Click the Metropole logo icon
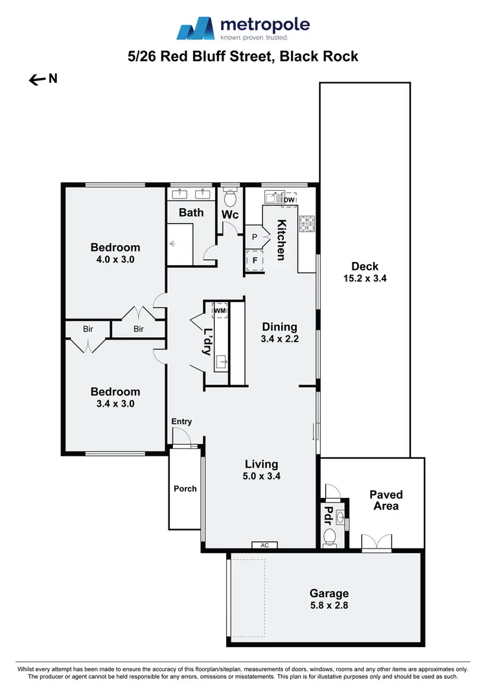pos(196,29)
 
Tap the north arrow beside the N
pos(36,80)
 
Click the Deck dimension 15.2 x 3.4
pos(365,278)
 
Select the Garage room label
pos(329,593)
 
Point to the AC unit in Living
pos(264,545)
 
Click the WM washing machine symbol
pos(220,311)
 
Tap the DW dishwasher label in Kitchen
pos(288,200)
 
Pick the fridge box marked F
pos(255,261)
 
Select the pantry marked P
pos(255,237)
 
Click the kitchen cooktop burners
pos(306,223)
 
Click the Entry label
pos(181,421)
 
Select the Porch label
pos(185,488)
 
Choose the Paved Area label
pos(386,500)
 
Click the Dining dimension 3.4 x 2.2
pos(279,338)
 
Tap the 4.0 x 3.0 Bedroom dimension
pos(115,259)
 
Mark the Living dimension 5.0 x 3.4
pos(262,476)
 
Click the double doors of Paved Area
pos(376,543)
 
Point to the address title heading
pos(243,56)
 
